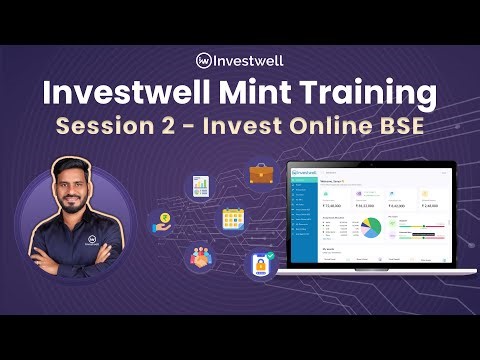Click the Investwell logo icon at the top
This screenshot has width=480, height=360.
pos(204,60)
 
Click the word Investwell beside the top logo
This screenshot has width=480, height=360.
pos(250,60)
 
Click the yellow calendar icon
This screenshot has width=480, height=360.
pos(234,218)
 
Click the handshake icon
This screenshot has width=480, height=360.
pos(199,257)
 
